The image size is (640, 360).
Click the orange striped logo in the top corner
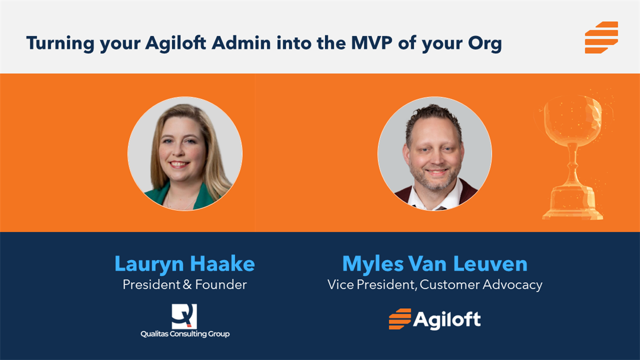[x=601, y=37]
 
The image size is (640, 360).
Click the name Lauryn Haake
[x=185, y=263]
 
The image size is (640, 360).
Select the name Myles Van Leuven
[x=435, y=263]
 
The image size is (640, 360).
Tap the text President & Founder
[x=185, y=285]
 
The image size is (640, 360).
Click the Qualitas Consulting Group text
[x=185, y=334]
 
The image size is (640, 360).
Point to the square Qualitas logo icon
[x=185, y=316]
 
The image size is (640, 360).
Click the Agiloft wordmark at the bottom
[x=447, y=319]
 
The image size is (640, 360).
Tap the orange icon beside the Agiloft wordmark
[x=399, y=319]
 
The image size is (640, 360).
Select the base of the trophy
[x=572, y=205]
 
